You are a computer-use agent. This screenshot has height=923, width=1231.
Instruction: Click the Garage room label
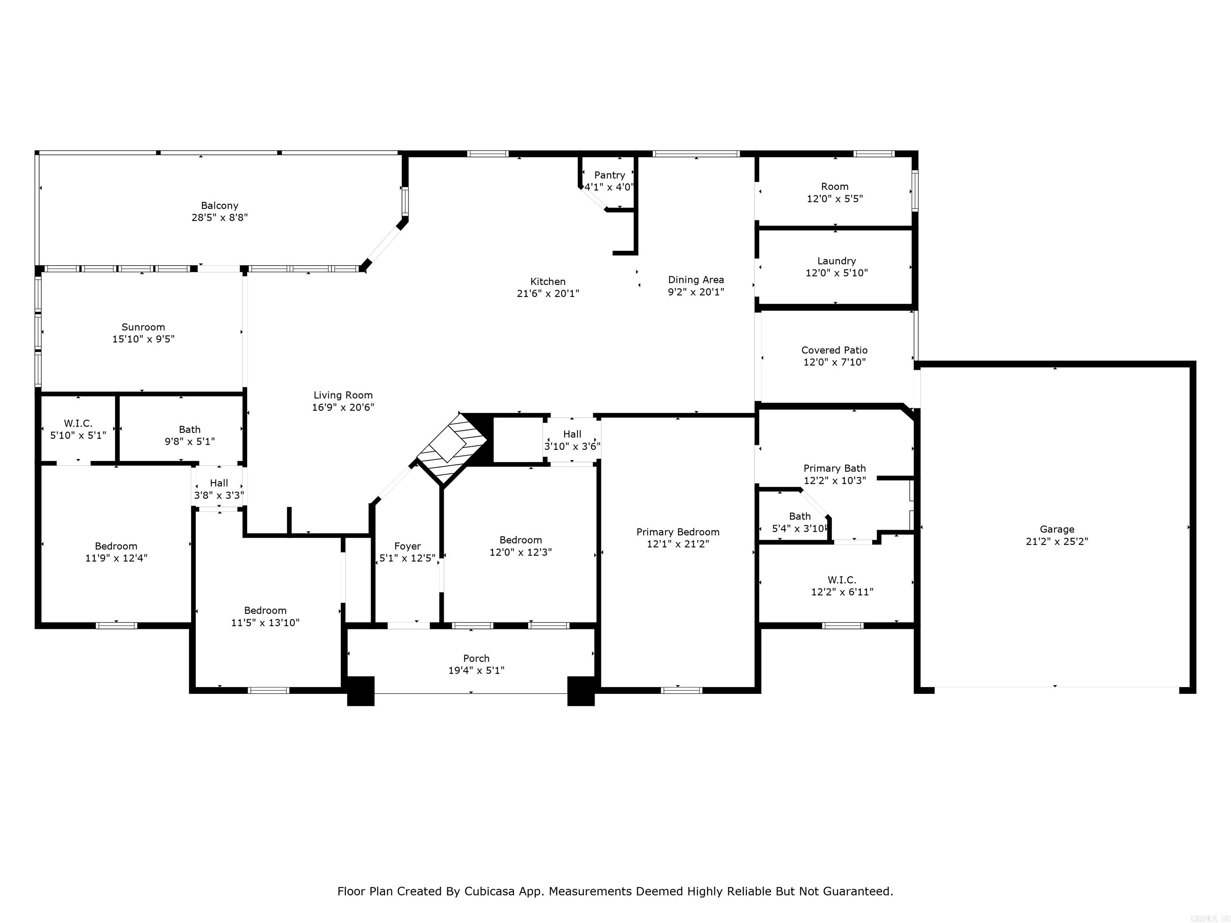[1057, 529]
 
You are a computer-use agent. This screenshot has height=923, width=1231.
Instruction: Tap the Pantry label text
[609, 175]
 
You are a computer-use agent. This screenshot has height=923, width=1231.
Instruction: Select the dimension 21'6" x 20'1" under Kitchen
[548, 294]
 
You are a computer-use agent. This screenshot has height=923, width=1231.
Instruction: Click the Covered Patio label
[834, 350]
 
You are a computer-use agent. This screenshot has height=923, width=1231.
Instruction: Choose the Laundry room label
[836, 261]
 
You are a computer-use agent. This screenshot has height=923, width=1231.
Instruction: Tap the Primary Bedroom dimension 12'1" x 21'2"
[678, 544]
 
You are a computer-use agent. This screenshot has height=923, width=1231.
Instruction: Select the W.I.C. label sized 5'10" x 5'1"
[78, 424]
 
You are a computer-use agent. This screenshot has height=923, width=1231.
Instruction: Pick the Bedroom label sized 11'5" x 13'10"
[265, 611]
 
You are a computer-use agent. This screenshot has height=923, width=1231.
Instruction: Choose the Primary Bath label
[834, 468]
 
